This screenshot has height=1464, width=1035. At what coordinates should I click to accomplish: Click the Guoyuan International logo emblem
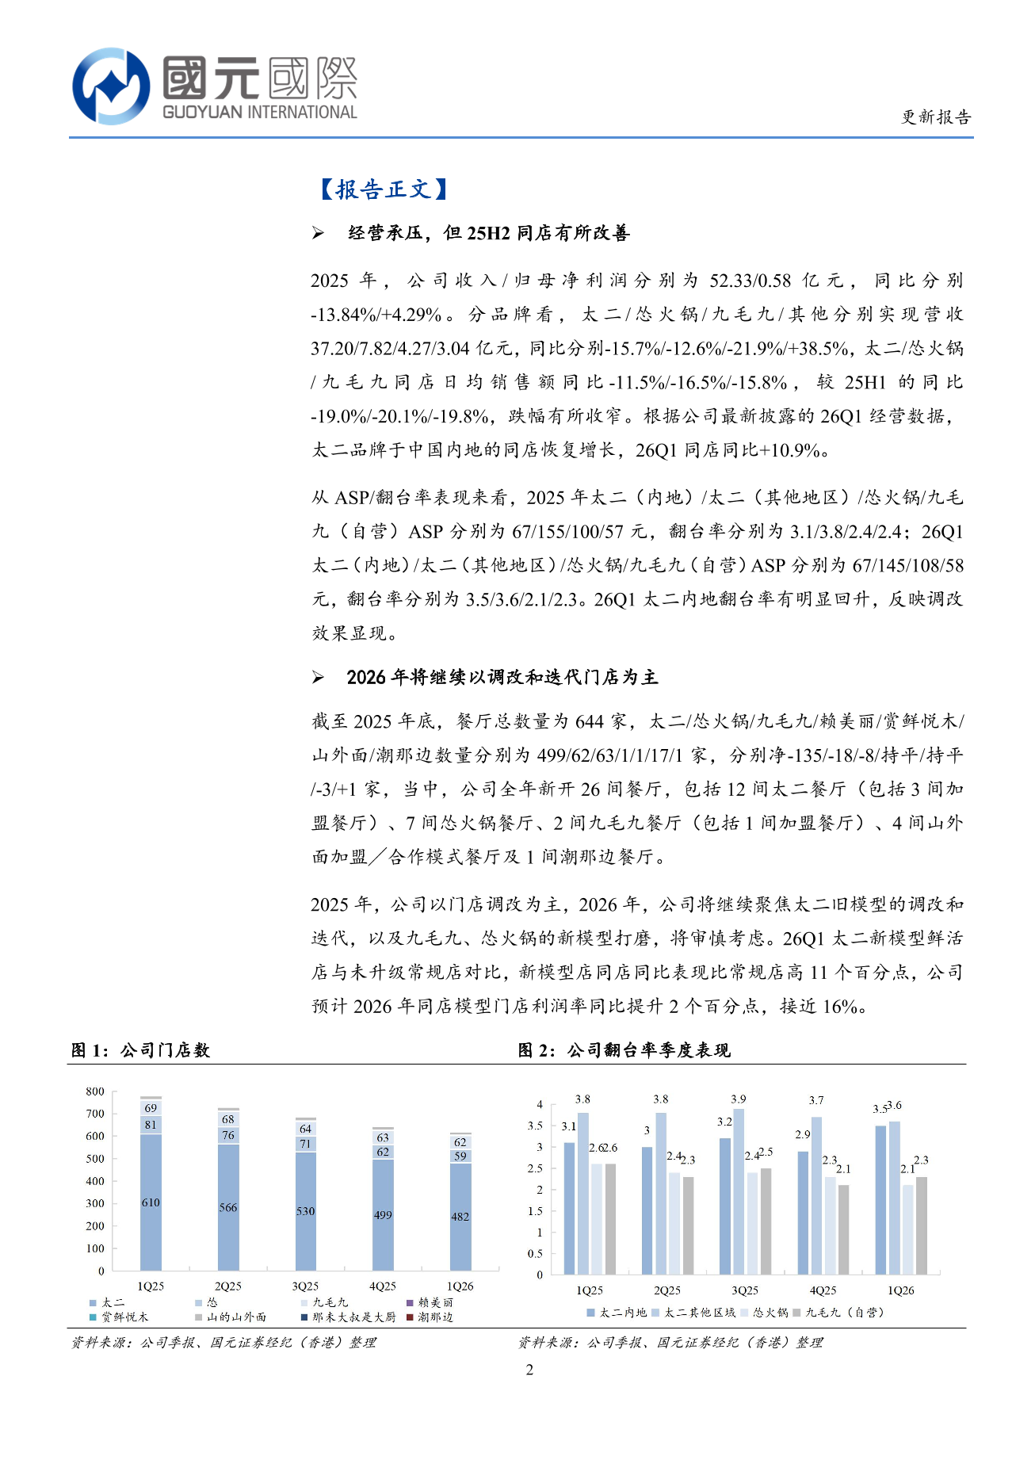point(111,86)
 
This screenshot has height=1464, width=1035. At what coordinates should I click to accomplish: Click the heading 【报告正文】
point(383,189)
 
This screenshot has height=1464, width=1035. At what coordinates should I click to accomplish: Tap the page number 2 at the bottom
point(529,1370)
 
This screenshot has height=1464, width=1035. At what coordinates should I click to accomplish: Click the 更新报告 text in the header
point(936,117)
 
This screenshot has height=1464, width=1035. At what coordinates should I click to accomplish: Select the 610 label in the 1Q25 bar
point(151,1202)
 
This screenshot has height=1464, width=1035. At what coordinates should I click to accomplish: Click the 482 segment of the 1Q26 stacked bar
point(460,1217)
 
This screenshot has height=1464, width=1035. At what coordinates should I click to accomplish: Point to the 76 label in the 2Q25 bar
point(228,1135)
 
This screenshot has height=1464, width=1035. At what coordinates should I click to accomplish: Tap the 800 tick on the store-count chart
point(95,1091)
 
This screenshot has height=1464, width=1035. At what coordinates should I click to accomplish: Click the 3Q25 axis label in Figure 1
point(305,1286)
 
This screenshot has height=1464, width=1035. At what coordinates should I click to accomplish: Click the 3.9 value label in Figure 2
point(738,1099)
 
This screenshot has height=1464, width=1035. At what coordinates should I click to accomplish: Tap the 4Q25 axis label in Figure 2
point(823,1290)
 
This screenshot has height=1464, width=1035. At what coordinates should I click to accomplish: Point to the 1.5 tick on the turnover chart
point(535,1210)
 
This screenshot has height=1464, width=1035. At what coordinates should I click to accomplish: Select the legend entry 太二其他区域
point(694,1313)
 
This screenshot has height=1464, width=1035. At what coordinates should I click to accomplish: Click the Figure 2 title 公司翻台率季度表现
point(648,1050)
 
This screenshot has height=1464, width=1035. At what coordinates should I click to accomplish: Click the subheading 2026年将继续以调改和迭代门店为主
point(502,677)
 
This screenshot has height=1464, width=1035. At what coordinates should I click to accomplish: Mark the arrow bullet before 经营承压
point(318,233)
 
